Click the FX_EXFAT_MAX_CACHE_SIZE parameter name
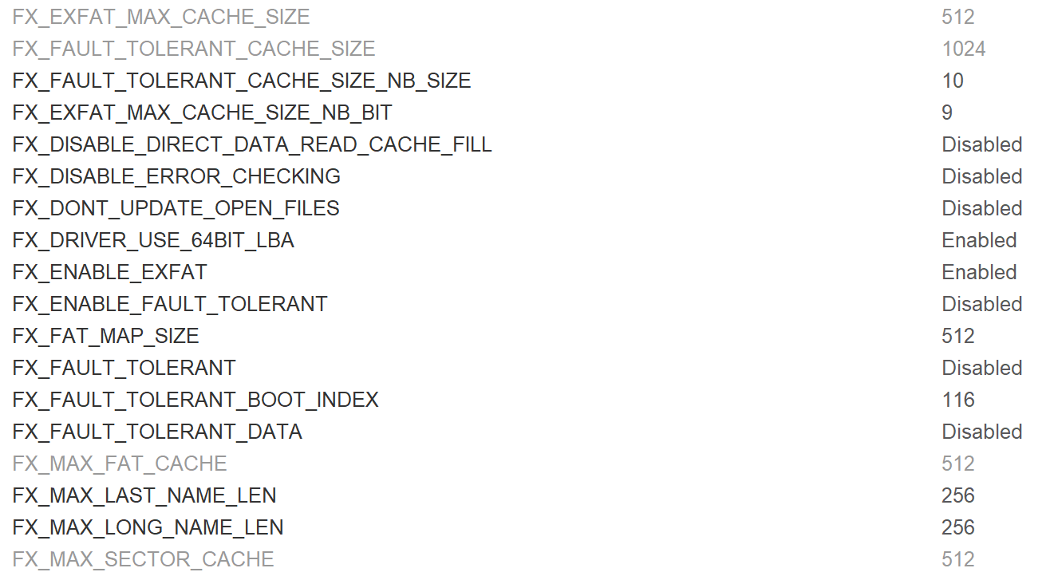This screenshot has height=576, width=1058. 161,17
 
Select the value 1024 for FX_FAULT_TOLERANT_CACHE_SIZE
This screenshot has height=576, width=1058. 963,49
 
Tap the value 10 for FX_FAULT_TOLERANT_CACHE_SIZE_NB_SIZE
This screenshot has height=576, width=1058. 952,81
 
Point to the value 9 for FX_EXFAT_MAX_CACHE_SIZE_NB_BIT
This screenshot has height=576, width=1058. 947,112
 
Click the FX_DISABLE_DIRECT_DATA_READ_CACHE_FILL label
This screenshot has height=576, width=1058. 252,144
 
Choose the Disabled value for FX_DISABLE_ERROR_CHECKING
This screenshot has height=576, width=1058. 981,176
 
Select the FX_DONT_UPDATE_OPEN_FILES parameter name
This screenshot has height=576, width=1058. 176,208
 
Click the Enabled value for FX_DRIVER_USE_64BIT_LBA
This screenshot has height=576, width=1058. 979,240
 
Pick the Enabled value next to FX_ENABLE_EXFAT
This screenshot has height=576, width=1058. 979,272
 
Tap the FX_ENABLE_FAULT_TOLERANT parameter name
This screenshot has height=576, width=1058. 170,304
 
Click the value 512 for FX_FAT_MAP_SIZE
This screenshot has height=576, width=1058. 957,336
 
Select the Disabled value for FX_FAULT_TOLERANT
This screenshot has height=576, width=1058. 981,368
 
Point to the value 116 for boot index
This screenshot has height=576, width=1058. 957,400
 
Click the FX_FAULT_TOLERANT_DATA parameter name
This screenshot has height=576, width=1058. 157,432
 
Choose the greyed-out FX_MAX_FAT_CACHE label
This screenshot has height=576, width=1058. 120,464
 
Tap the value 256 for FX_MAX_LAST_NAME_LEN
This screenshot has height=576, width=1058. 957,495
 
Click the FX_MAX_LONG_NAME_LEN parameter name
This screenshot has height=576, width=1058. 148,527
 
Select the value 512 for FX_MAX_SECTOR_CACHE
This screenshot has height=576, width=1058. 957,559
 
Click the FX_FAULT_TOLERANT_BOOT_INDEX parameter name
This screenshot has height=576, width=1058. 195,400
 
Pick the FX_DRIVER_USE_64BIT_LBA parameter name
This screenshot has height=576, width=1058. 153,240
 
